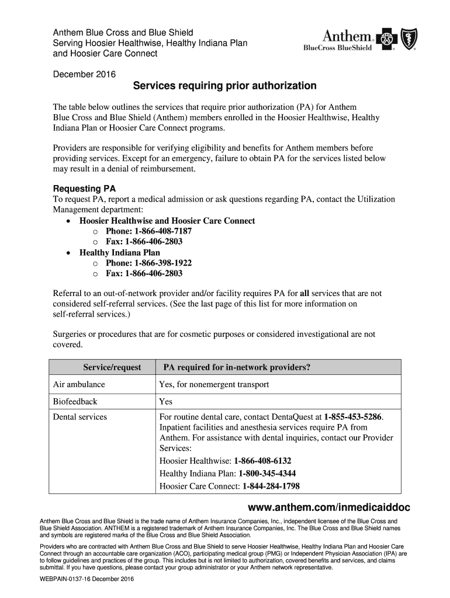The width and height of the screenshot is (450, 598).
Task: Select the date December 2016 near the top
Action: pos(84,74)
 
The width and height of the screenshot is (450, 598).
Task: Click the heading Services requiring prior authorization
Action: pos(224,86)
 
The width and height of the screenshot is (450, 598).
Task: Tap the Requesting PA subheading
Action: pos(84,189)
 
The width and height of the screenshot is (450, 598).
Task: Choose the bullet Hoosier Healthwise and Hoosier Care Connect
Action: pos(167,221)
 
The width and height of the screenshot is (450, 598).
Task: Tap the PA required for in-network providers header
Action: pos(237,367)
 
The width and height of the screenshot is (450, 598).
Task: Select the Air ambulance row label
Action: pos(79,384)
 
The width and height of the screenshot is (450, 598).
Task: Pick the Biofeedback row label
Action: pos(75,402)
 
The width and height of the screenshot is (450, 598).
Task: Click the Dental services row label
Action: pos(80,417)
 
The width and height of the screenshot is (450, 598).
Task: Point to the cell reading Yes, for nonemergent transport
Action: pos(214,384)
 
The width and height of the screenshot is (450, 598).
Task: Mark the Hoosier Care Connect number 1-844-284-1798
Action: pos(271,486)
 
